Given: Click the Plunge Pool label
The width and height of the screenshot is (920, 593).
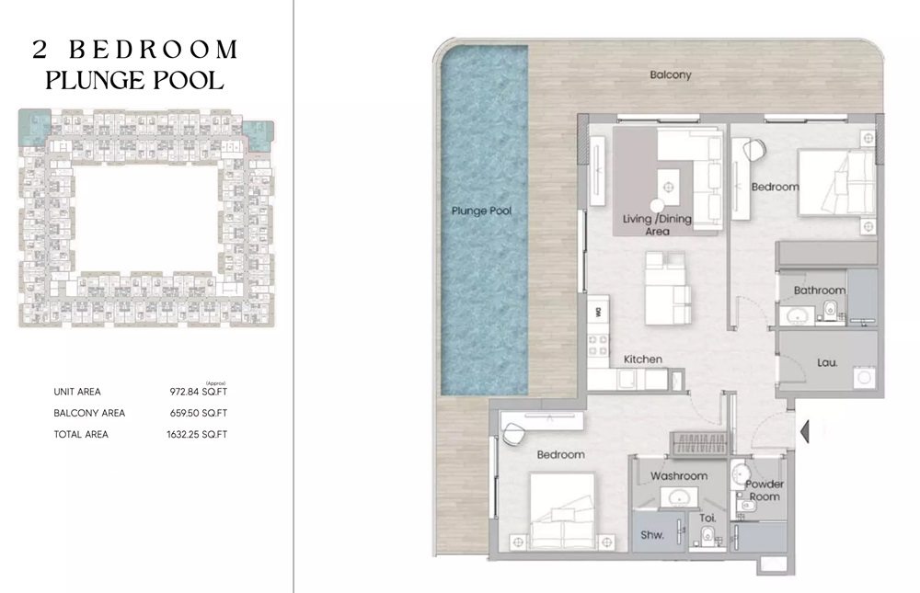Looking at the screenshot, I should pos(481,211).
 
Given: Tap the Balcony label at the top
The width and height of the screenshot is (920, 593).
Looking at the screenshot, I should pos(670,74).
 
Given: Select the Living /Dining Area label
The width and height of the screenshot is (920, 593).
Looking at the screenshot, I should pos(657,224).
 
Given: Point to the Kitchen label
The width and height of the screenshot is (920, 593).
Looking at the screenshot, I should pos(642,359).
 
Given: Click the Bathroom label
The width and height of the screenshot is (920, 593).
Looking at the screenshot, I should pos(819,290).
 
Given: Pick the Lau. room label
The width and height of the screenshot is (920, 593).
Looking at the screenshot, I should pos(827,362).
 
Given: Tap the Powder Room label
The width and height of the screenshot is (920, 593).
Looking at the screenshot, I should pos(763,490).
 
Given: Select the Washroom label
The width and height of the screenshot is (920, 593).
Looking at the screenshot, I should pos(678,475).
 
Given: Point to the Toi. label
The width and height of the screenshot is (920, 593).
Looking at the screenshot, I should pos(707,519).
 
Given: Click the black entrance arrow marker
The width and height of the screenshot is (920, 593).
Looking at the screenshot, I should pos(806,429).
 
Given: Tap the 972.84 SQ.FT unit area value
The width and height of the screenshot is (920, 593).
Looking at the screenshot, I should pos(198,393).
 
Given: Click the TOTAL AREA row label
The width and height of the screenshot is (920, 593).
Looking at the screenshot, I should pos(81,434).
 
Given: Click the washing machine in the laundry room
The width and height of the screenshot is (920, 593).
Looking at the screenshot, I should pos(863,377).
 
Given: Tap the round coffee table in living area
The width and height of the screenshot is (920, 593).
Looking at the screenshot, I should pos(656,207).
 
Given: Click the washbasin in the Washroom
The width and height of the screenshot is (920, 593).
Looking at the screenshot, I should pos(679,497).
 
